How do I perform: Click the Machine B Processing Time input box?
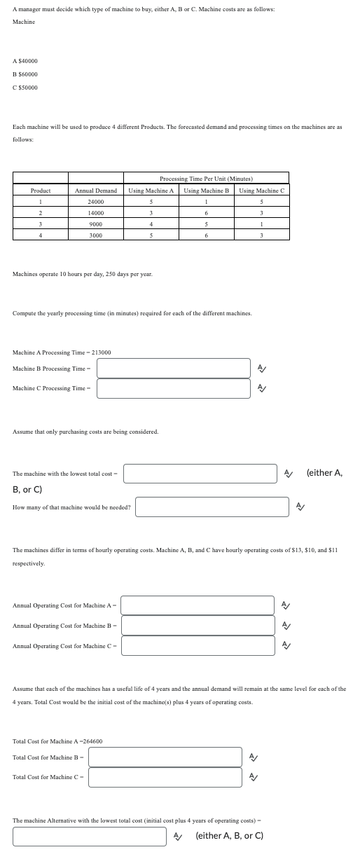pos(173,368)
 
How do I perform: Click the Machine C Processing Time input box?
pos(173,388)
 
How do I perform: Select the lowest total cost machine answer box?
pos(200,473)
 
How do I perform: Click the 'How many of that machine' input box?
pos(212,507)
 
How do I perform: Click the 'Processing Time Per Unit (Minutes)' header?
pos(206,179)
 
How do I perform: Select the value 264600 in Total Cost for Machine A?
pos(91,741)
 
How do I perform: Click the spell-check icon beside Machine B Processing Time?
pos(261,368)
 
